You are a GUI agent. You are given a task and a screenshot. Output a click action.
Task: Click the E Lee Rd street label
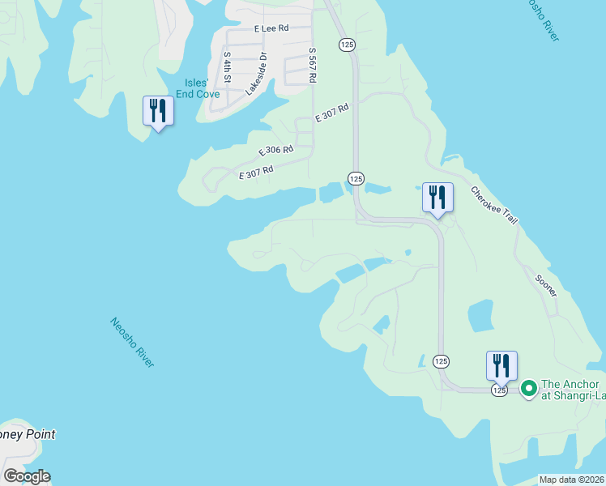[x=271, y=28]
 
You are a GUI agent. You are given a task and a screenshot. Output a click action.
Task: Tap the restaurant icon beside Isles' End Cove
[x=158, y=111]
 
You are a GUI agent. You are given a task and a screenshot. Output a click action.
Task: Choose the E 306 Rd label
[x=275, y=151]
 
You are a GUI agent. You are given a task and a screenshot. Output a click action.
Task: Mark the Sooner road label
[x=546, y=283]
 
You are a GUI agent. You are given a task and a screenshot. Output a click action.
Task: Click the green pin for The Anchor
[x=529, y=390]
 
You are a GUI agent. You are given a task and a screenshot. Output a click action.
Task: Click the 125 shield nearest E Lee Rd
[x=346, y=45]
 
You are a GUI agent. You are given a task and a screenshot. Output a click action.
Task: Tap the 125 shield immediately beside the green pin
[x=498, y=390]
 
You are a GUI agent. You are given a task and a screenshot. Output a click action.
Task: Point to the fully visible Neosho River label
[x=132, y=343]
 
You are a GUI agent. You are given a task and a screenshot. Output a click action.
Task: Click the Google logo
[x=27, y=476]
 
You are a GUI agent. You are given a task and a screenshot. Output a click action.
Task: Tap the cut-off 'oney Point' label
[x=28, y=435]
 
